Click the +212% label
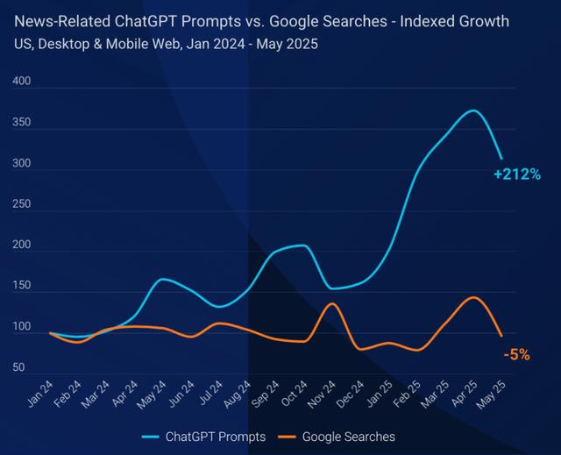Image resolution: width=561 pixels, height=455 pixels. pyautogui.click(x=516, y=174)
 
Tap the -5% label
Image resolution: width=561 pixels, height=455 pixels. pyautogui.click(x=516, y=354)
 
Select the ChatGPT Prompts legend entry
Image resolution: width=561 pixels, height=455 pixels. pyautogui.click(x=204, y=436)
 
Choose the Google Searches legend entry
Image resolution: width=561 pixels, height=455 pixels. pyautogui.click(x=337, y=436)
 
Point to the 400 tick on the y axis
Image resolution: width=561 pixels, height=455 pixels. pyautogui.click(x=21, y=82)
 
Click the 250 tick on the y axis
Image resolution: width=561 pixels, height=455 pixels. pyautogui.click(x=21, y=204)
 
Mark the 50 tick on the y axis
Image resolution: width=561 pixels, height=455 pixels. pyautogui.click(x=19, y=368)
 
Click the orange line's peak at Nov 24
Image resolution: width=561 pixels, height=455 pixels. pyautogui.click(x=331, y=303)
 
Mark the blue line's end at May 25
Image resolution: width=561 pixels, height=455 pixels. pyautogui.click(x=501, y=159)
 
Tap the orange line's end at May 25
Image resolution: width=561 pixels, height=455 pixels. pyautogui.click(x=501, y=336)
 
